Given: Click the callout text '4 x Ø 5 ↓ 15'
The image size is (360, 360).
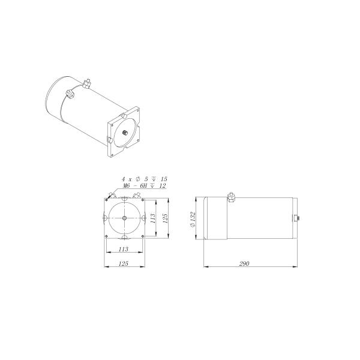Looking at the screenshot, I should (x=144, y=179).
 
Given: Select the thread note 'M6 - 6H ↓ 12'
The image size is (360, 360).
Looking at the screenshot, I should (x=144, y=186).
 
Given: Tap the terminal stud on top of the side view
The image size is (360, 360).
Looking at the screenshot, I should (x=231, y=196).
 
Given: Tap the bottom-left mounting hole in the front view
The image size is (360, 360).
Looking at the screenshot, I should (x=106, y=235).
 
